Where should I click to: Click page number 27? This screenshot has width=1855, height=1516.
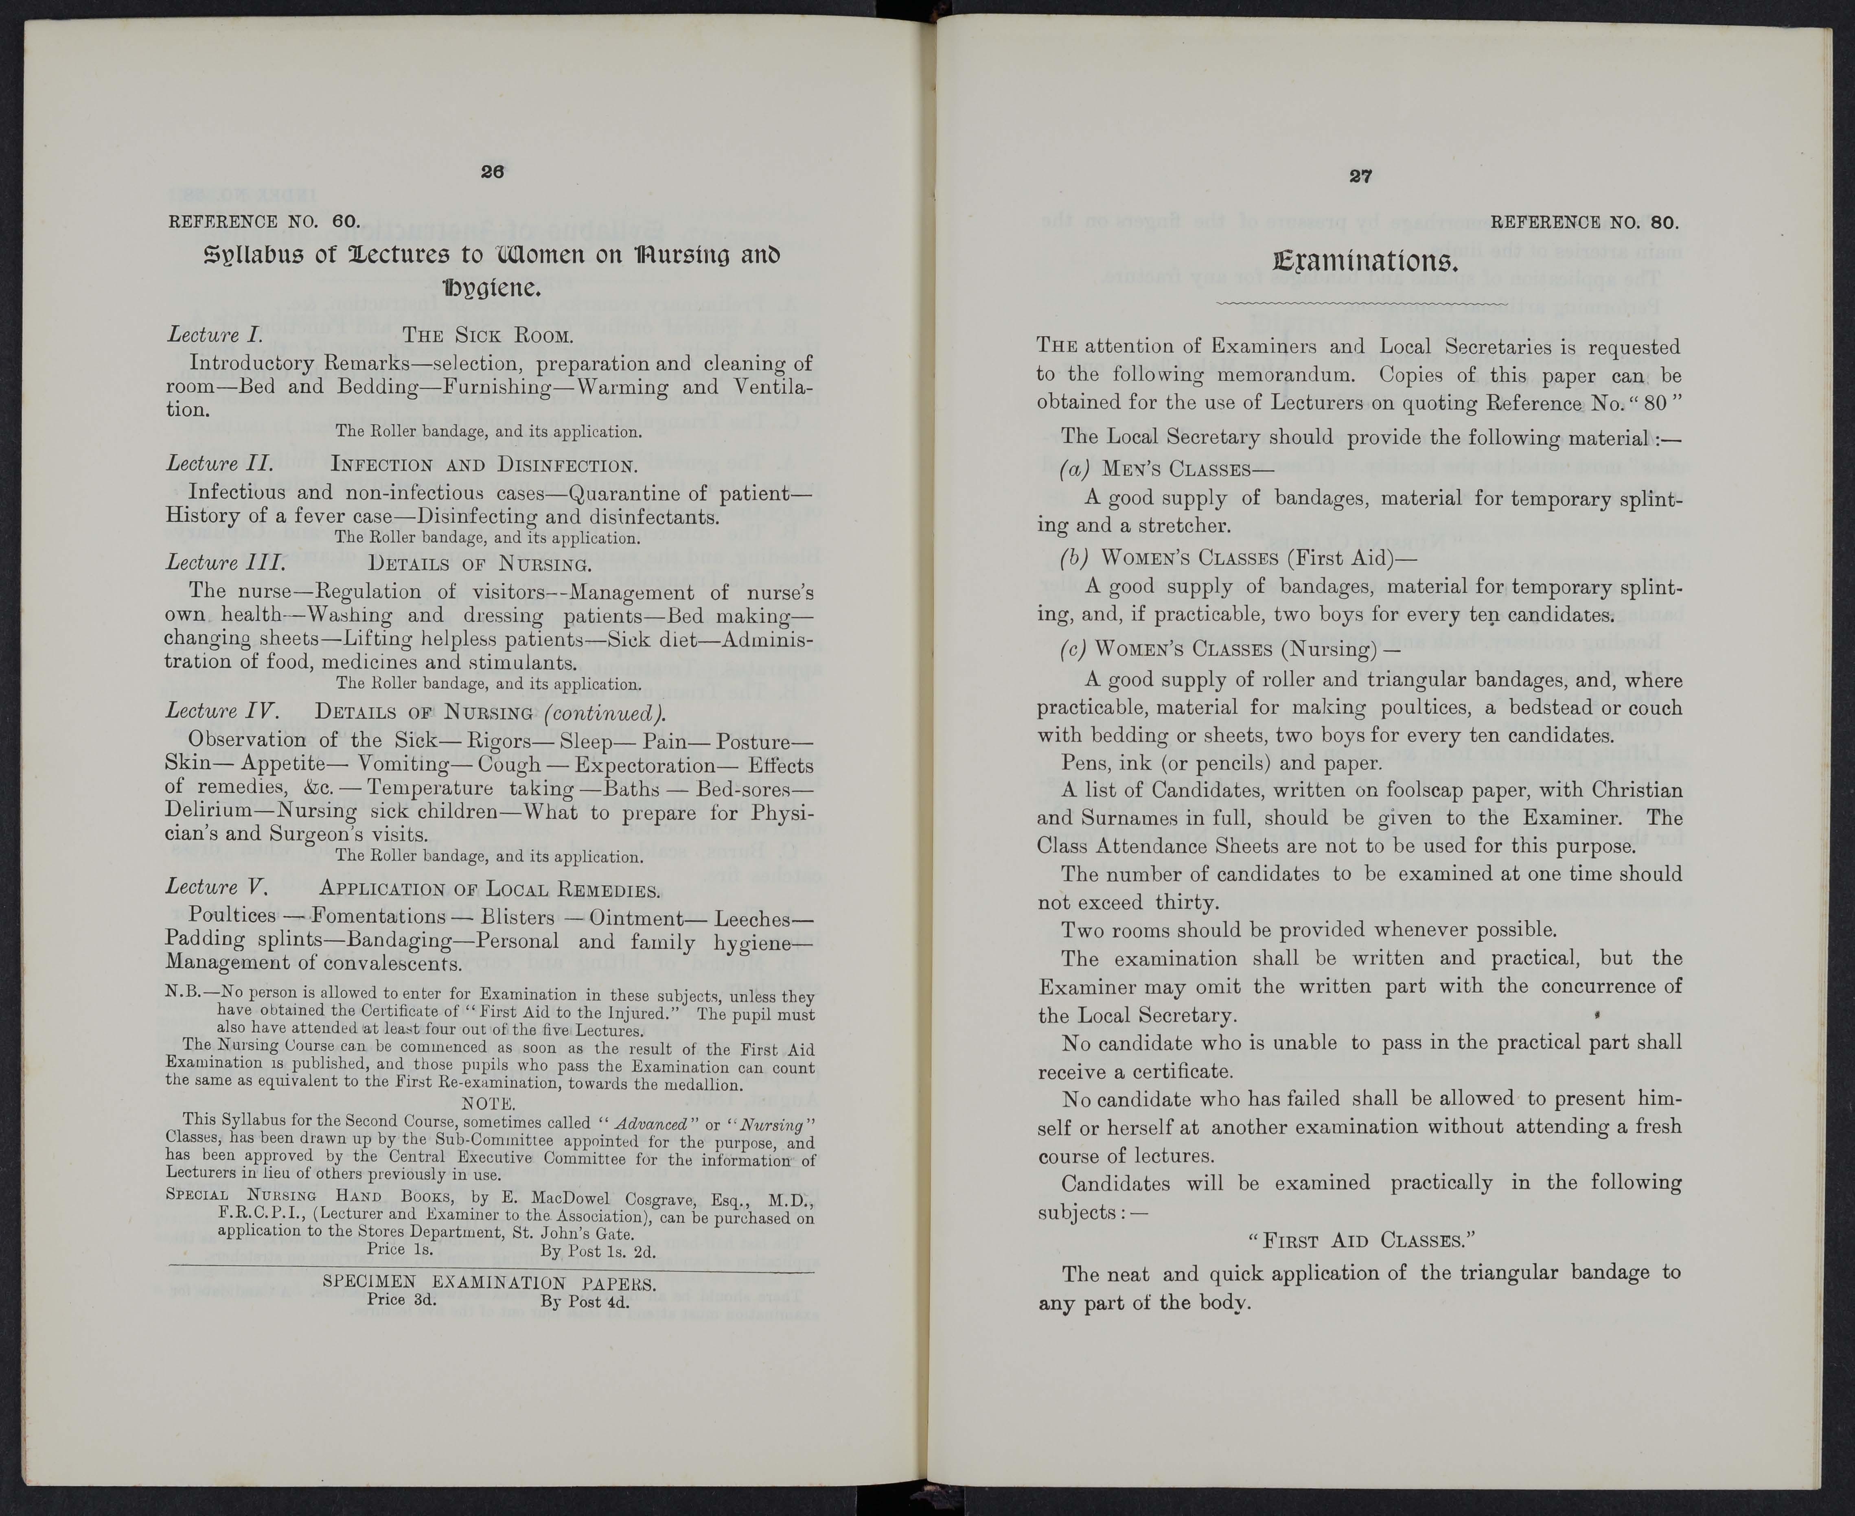click(x=1360, y=176)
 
